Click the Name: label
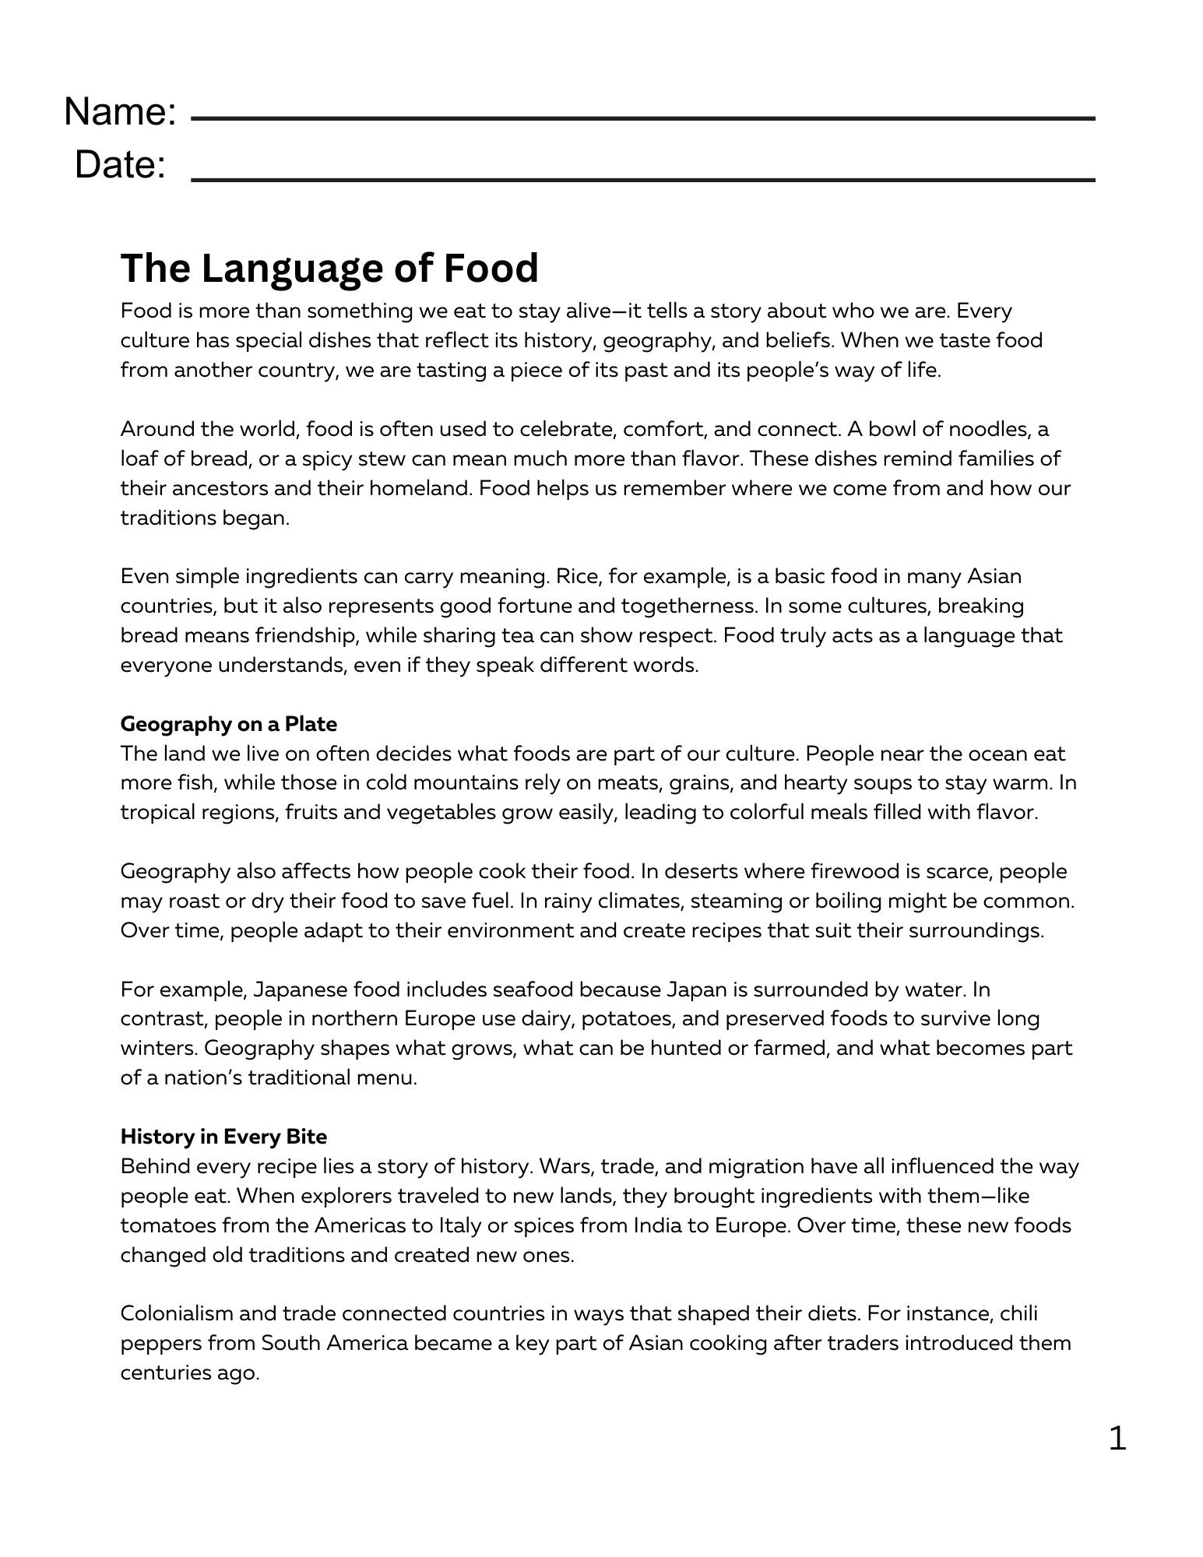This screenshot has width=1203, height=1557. click(120, 111)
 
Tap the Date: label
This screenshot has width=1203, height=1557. click(120, 165)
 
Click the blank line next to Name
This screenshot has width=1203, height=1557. click(642, 119)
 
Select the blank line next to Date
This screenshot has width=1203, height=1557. click(642, 180)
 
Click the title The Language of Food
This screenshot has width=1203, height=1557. click(329, 268)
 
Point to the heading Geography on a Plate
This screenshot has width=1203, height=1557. click(229, 724)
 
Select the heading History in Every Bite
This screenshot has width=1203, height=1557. click(223, 1137)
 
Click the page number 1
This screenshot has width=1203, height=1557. click(1117, 1439)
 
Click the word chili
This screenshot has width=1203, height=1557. click(1020, 1313)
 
